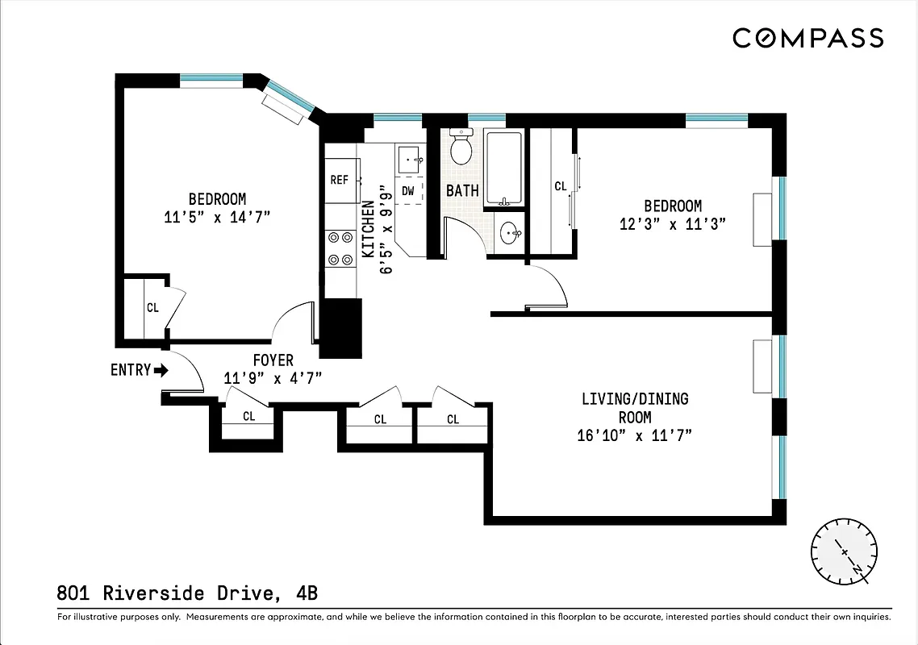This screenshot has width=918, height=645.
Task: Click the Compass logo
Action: pos(807,38)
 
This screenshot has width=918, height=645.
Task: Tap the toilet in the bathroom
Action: pos(461,148)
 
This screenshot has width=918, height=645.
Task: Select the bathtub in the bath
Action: pos(505,169)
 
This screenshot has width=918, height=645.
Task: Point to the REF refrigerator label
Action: pos(339,180)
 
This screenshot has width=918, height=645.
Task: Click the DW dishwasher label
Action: pos(408,191)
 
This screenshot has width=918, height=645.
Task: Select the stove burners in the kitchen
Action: pos(340,248)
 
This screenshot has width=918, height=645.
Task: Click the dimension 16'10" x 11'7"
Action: pos(635,436)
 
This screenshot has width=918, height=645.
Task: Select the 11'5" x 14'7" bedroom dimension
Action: pos(216,216)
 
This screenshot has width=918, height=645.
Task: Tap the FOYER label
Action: pos(273,360)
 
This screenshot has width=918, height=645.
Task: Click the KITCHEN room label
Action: pos(369,229)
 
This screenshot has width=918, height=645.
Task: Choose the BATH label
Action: pos(462,191)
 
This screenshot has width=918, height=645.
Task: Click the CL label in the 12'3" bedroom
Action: pos(561,186)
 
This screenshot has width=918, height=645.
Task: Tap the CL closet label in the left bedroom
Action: pos(152,307)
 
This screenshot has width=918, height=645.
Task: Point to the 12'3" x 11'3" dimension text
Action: pos(673,224)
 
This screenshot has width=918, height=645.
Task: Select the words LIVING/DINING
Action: pos(635,399)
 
